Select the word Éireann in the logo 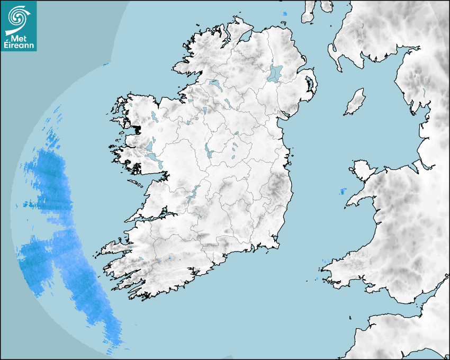pyautogui.click(x=19, y=46)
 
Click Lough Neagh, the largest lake pyautogui.click(x=275, y=73)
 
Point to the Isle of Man pyautogui.click(x=355, y=102)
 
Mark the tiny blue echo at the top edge pyautogui.click(x=284, y=14)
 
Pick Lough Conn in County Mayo pyautogui.click(x=154, y=116)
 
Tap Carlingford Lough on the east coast pyautogui.click(x=286, y=114)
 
